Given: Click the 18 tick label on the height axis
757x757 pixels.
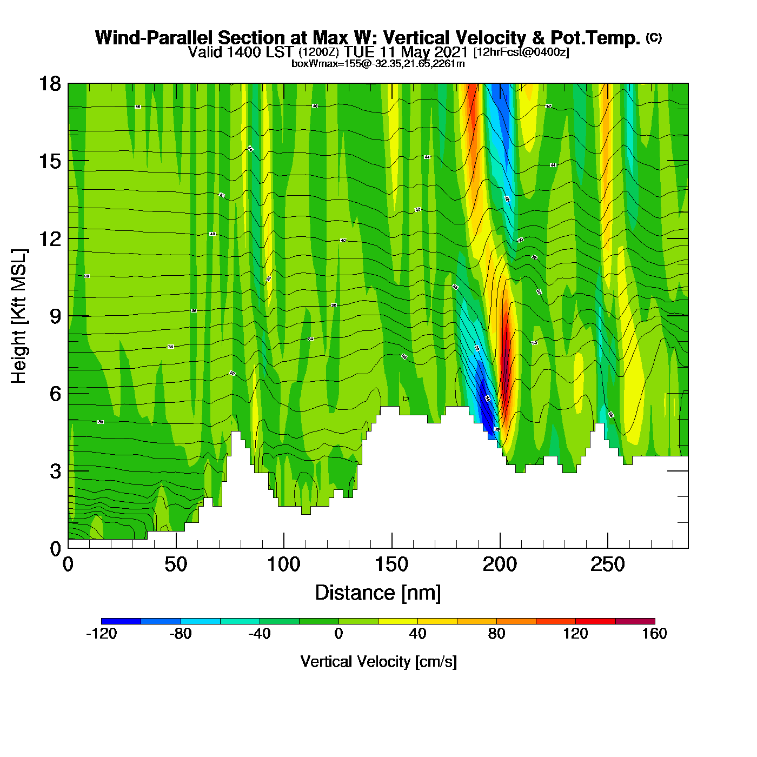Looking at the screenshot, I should coord(49,84).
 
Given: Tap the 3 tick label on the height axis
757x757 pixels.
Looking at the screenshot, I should coord(55,471).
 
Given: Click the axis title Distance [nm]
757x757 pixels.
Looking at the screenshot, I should coord(378,593).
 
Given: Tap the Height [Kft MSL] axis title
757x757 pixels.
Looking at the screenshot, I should coord(19,316).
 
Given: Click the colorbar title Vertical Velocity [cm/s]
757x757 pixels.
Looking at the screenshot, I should coord(378,661).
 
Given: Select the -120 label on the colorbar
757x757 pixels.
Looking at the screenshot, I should coord(101,634).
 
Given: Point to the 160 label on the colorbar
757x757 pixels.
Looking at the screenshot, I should coord(654,634).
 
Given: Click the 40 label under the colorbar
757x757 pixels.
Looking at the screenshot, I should coord(417,634).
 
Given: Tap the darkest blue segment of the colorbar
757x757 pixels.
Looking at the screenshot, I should coord(121,621).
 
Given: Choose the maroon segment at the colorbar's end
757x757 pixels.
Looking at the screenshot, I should coord(635,621).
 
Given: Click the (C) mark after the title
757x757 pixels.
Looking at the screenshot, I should coord(654,37).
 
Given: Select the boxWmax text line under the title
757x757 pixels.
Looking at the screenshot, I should coord(378,64).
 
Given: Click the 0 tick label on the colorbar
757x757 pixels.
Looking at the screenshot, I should coord(338,634).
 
